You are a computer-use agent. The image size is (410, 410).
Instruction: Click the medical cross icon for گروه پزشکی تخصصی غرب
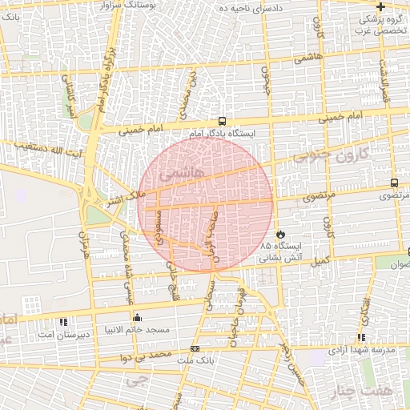(x=380, y=6)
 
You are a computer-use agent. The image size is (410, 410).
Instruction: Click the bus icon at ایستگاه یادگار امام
(x=221, y=123)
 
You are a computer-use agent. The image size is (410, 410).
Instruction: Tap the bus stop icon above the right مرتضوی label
(x=394, y=183)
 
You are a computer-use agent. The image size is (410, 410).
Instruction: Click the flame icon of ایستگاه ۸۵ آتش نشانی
(x=281, y=233)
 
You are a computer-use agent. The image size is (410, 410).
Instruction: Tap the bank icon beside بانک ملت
(x=195, y=349)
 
